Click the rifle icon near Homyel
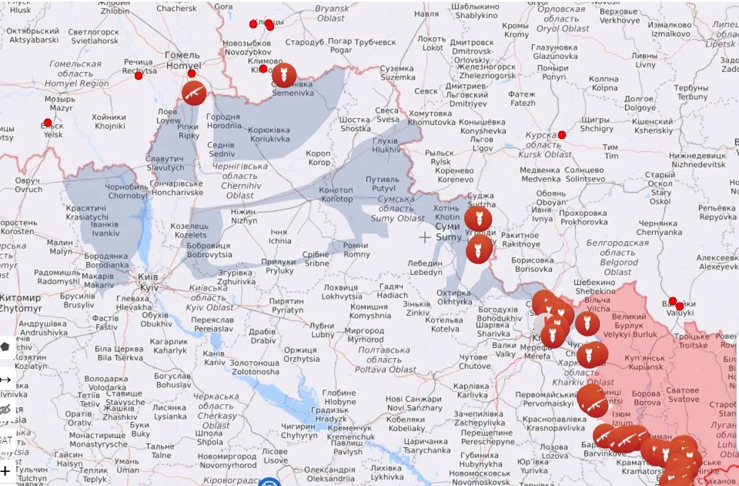194,94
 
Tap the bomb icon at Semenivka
284,76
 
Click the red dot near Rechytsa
139,76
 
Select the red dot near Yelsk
47,122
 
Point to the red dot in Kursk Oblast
562,135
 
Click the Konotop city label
336,194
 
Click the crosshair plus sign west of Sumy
425,237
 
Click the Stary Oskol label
660,188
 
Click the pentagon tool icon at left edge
6,346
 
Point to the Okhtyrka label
454,297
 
